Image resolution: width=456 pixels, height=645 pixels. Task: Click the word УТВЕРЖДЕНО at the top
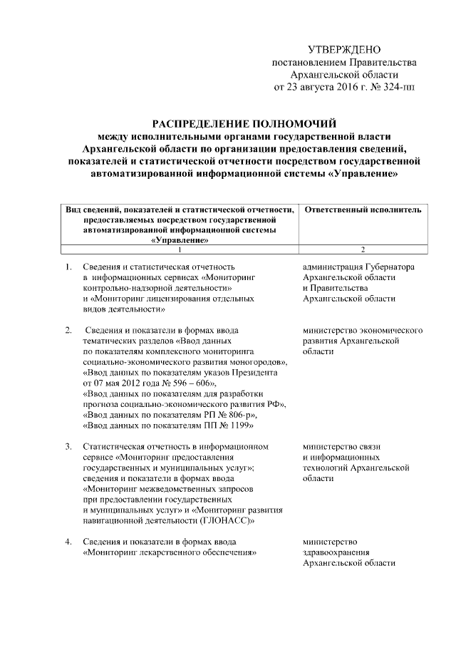pos(344,49)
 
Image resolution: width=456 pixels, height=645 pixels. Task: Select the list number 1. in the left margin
pos(68,267)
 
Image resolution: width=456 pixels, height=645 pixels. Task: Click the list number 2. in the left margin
pos(68,330)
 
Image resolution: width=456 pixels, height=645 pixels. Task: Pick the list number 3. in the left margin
pos(68,446)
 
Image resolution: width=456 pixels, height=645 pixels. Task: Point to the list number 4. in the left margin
pos(68,542)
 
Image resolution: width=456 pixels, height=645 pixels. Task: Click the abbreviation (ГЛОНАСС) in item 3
pos(231,520)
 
